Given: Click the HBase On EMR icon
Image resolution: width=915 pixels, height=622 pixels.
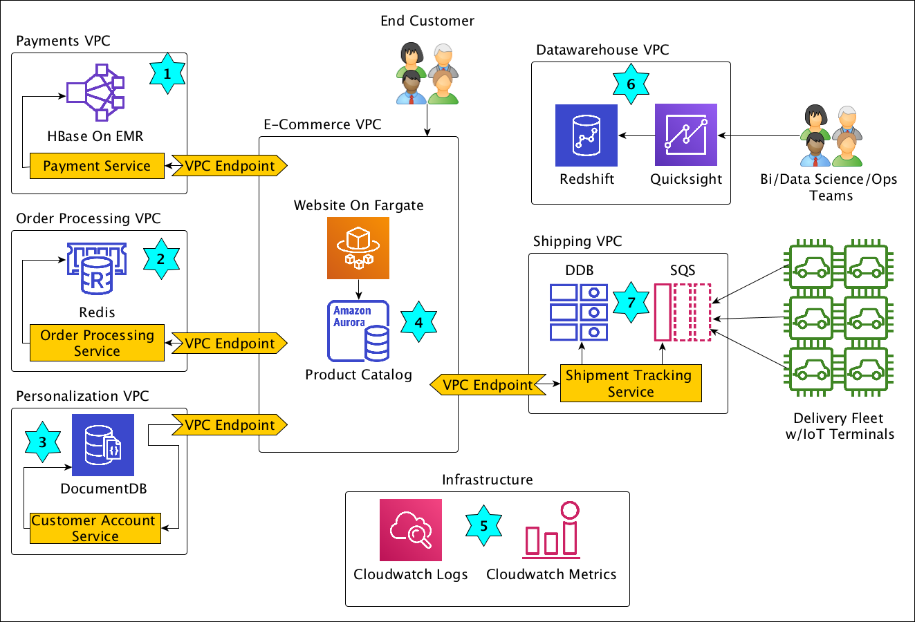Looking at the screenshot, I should point(95,93).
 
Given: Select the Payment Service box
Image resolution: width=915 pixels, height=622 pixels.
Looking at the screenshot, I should point(97,166).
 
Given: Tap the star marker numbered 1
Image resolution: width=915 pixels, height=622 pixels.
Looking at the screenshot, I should point(167,73).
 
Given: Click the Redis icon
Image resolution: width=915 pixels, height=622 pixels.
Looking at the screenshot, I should point(97,269).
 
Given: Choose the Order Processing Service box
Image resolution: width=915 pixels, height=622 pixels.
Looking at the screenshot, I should point(97,343).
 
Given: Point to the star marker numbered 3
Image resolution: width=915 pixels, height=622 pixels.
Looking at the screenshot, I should point(43,442).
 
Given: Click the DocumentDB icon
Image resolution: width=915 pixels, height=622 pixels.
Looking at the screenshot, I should point(103,445).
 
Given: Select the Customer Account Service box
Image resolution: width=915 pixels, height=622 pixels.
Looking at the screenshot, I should point(95,529).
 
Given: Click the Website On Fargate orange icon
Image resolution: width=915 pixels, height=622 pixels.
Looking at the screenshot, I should point(358,248).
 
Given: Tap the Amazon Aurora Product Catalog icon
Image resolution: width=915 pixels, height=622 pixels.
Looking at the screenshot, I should point(358,331).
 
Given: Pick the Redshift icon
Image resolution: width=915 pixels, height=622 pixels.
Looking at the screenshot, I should point(586,135).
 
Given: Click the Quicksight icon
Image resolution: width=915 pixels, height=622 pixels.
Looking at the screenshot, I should point(686,135).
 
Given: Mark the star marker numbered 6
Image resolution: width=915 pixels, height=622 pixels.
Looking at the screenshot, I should point(631,84).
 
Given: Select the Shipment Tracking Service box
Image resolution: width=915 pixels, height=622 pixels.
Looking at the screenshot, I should point(631,384).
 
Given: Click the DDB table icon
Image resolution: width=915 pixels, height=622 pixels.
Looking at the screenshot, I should point(579,312).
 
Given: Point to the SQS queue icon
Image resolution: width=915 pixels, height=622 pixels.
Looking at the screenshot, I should point(683,312).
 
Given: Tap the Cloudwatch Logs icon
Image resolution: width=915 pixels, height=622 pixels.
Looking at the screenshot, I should point(411,530).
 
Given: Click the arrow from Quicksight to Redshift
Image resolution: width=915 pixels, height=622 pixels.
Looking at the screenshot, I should point(637,135).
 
